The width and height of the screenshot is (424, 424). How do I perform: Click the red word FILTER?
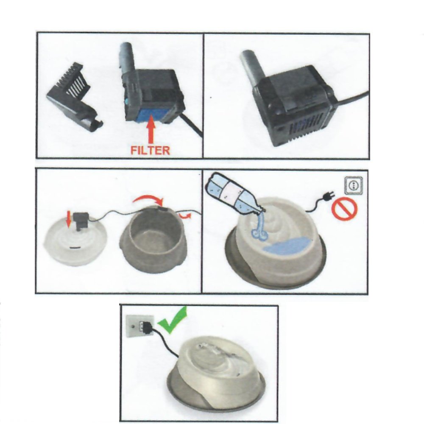pos(151,150)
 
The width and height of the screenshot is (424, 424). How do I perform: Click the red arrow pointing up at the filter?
pos(151,129)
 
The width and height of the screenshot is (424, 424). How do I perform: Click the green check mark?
pos(173,320)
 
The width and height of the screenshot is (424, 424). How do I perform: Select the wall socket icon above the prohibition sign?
pos(354,185)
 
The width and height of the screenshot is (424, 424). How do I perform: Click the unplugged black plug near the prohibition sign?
pos(329,195)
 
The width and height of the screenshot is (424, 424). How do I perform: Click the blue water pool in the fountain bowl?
pos(287,245)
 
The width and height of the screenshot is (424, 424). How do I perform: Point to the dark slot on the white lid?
pos(75,247)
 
